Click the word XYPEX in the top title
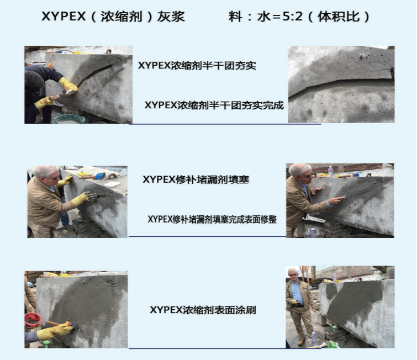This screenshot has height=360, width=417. pyautogui.click(x=64, y=17)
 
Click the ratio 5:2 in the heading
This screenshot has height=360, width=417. pyautogui.click(x=293, y=17)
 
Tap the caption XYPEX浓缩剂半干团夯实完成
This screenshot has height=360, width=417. pyautogui.click(x=214, y=105)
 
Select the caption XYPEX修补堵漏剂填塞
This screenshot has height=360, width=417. pyautogui.click(x=196, y=179)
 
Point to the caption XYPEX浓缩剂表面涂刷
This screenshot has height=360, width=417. pyautogui.click(x=203, y=310)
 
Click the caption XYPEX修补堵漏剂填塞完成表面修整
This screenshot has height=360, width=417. pyautogui.click(x=212, y=219)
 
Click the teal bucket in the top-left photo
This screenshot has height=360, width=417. pyautogui.click(x=69, y=118)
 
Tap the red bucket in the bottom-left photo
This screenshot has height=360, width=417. pyautogui.click(x=33, y=320)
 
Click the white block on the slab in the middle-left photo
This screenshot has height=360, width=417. pyautogui.click(x=112, y=184)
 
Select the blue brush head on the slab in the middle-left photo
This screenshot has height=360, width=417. pyautogui.click(x=99, y=176)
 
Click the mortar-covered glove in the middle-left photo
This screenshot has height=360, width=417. pyautogui.click(x=90, y=196)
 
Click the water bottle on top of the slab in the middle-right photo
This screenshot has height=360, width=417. pyautogui.click(x=330, y=172)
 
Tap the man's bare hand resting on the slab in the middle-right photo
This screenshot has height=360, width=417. pyautogui.click(x=316, y=190)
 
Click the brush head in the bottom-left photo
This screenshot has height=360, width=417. pyautogui.click(x=70, y=324)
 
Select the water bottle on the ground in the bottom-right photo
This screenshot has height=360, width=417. pyautogui.click(x=314, y=338)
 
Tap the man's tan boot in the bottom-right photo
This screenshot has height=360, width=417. pyautogui.click(x=302, y=342)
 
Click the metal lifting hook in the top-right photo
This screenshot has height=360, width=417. pyautogui.click(x=362, y=56)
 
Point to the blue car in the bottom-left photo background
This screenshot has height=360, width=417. pyautogui.click(x=31, y=285)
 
